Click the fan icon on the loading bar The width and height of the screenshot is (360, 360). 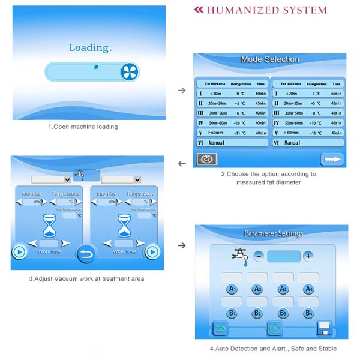(127, 73)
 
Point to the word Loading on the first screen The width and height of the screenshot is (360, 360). (90, 47)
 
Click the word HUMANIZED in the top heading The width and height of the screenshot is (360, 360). (239, 10)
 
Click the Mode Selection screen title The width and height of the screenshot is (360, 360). (269, 59)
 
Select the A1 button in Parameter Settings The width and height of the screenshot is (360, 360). (231, 289)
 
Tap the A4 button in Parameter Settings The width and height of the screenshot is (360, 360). (308, 289)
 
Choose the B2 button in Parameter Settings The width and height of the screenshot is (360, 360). (257, 313)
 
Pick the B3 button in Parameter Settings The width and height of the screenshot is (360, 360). (283, 313)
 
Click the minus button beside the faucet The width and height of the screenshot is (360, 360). (259, 256)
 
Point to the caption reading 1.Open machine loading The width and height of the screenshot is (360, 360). (83, 127)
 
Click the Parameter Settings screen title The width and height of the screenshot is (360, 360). (273, 233)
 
